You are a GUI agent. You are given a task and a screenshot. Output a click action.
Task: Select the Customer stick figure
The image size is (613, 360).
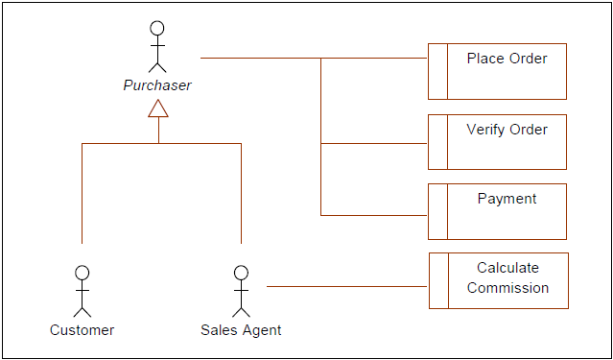[83, 291]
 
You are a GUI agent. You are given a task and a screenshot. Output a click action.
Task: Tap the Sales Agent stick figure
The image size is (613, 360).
[241, 291]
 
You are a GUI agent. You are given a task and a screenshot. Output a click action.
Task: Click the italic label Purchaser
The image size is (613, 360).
[157, 85]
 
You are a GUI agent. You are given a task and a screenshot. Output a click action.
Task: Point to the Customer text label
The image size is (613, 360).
[83, 330]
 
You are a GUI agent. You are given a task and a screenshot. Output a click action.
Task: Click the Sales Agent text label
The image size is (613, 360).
[241, 330]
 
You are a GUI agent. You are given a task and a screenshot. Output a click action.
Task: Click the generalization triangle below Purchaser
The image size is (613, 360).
[158, 108]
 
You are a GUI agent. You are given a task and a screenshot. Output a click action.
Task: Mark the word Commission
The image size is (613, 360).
[508, 288]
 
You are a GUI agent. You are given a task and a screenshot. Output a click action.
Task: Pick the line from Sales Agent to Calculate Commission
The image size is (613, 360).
[345, 286]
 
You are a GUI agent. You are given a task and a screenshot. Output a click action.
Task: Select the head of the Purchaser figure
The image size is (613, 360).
[158, 27]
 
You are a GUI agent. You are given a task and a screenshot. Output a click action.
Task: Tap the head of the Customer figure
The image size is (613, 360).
[83, 273]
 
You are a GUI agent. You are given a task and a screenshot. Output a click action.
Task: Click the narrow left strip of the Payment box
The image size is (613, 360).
[437, 211]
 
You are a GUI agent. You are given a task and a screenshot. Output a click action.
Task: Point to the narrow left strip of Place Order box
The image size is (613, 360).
[437, 71]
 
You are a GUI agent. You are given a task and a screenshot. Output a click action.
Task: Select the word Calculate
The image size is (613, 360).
[508, 268]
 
